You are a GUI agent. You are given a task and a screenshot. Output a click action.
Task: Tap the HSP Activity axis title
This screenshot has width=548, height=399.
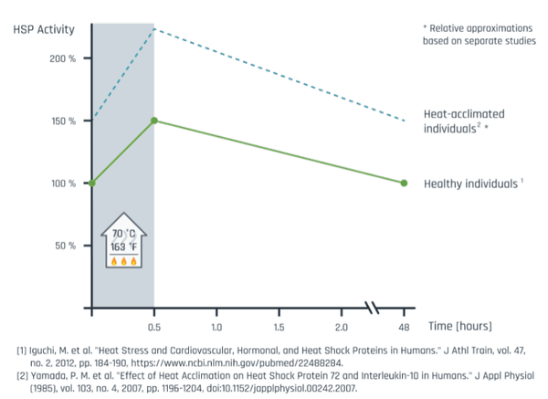click(x=43, y=27)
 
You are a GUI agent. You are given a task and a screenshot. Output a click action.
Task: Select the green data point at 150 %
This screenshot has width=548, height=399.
click(x=154, y=121)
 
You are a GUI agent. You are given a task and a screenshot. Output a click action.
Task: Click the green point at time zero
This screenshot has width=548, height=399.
click(x=91, y=184)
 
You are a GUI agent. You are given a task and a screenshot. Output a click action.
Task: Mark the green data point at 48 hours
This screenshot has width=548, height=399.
click(x=404, y=184)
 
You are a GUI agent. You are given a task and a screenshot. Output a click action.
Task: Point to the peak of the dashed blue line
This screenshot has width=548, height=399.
click(x=154, y=28)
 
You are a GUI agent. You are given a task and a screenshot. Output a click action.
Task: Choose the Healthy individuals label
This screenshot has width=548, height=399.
click(x=471, y=184)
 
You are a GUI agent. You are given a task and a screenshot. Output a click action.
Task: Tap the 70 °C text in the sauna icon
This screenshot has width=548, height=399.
click(x=123, y=234)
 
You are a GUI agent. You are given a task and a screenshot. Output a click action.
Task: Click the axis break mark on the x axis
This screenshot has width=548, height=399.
click(x=373, y=308)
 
